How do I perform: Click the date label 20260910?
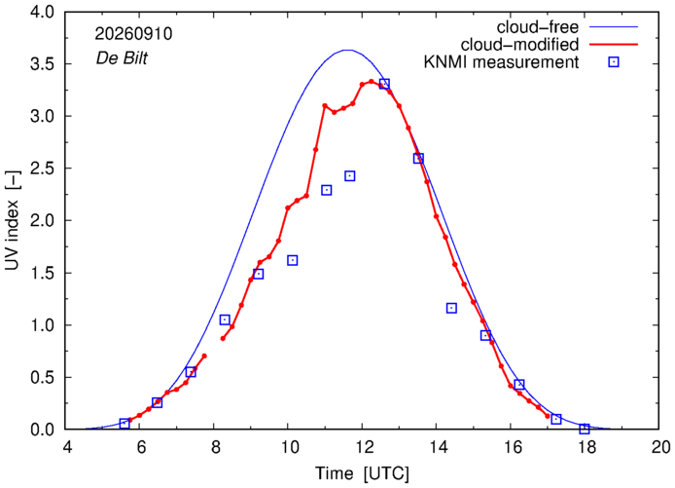133,34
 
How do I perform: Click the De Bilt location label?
122,57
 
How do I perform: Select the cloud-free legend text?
537,27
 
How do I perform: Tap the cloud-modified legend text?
519,45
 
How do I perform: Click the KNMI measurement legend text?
501,62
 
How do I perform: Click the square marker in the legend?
614,62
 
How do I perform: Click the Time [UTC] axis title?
363,473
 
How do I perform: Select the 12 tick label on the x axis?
362,447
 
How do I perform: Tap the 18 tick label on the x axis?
585,447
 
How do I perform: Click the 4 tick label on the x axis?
66,447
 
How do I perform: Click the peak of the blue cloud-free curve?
348,50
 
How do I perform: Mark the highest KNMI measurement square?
384,84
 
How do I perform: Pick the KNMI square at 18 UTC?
585,429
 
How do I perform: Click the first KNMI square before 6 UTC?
124,424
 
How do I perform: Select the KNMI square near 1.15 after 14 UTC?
451,308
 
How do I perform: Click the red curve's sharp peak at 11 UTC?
325,105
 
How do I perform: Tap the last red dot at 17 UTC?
548,416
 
